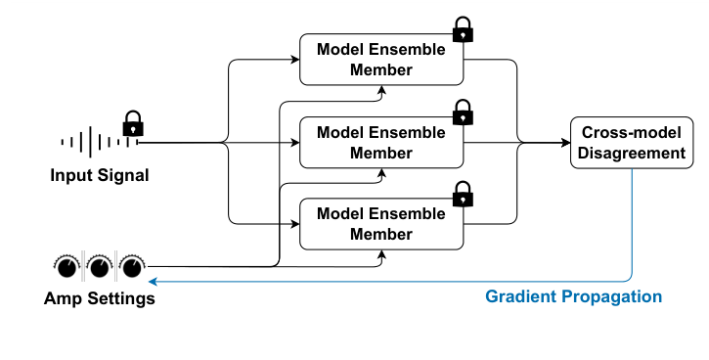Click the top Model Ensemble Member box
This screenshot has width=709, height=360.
(381, 60)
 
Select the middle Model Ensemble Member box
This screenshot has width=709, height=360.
(381, 143)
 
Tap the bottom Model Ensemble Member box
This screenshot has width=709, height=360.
(381, 224)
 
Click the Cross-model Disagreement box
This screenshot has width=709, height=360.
(633, 143)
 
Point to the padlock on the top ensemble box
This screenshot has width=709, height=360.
(463, 30)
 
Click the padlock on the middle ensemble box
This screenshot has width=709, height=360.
(463, 112)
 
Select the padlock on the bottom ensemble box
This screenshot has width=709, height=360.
(463, 194)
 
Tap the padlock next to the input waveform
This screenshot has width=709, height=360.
(133, 123)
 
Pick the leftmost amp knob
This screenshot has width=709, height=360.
(66, 265)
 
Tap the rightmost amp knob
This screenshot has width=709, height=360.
(132, 265)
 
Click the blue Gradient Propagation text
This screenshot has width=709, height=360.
(573, 296)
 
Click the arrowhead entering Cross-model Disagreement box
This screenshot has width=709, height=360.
(565, 143)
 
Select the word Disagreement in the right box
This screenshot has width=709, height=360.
(633, 154)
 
